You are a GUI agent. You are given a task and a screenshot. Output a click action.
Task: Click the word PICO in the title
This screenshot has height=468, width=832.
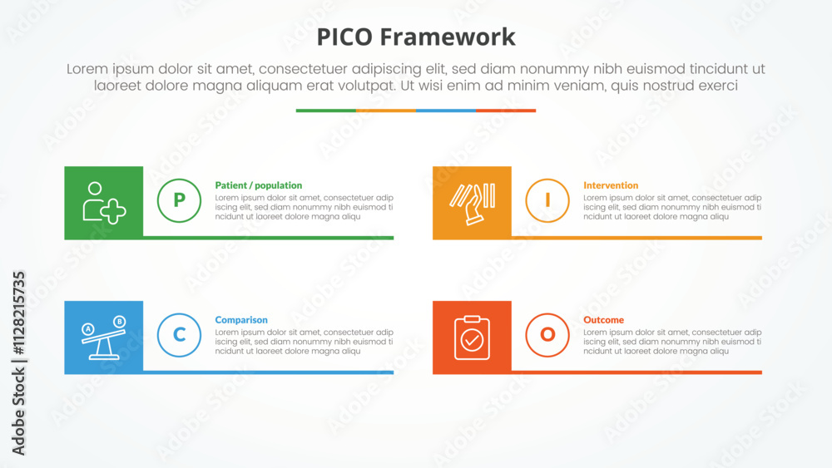click(x=345, y=37)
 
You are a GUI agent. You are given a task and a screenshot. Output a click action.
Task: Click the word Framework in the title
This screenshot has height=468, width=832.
click(x=448, y=37)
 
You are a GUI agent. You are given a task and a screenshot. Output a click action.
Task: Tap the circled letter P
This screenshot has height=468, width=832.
click(x=180, y=200)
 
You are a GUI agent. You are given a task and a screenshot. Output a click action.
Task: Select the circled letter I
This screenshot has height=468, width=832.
click(x=547, y=200)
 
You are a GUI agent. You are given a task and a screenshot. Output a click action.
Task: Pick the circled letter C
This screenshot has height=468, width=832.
click(x=180, y=335)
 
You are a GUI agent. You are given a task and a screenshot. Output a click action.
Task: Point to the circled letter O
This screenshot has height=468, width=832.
click(x=547, y=335)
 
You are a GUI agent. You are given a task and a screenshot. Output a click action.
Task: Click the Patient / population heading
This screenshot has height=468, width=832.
click(x=259, y=185)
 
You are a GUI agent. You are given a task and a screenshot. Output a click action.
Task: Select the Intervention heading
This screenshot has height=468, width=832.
click(x=611, y=185)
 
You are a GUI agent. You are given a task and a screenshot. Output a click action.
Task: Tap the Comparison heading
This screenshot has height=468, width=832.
click(x=241, y=320)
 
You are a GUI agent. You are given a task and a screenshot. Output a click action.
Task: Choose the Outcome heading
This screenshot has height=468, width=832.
click(x=604, y=320)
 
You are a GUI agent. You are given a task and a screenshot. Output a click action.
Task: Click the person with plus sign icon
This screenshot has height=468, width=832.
click(x=104, y=203)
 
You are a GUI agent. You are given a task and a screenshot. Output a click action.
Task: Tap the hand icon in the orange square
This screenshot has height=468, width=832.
click(x=473, y=204)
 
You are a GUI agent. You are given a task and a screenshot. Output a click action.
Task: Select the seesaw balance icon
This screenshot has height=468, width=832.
click(x=104, y=337)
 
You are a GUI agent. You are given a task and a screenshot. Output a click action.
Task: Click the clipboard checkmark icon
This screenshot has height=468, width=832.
click(x=473, y=337)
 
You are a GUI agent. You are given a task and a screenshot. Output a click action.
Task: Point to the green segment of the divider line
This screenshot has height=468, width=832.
click(x=326, y=111)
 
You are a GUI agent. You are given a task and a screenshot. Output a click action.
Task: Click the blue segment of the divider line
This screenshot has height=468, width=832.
click(x=446, y=111)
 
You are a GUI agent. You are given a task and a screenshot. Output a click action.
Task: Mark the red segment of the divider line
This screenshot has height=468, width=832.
click(x=506, y=111)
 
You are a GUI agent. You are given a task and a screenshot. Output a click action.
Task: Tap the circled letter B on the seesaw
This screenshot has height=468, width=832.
click(x=120, y=322)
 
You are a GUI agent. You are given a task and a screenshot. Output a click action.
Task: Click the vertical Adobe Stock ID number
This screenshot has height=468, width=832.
click(x=19, y=313)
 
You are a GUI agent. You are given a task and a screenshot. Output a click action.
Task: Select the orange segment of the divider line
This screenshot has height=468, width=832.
click(x=386, y=111)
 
